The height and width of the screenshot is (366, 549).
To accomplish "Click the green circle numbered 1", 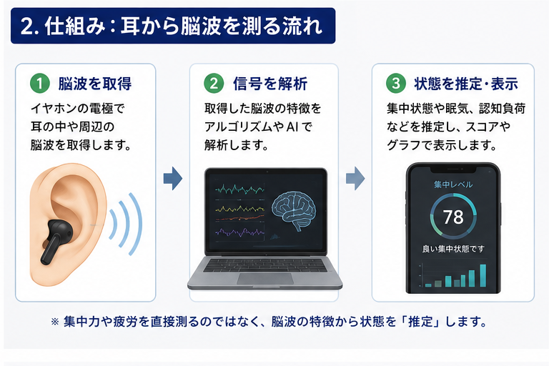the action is click(40, 84).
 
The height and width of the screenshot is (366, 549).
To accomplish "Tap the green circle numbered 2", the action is click(214, 84).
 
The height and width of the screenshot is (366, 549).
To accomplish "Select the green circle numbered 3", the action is click(395, 84).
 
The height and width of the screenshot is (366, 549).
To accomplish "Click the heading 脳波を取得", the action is click(95, 84).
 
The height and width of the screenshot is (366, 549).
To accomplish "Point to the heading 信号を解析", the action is click(270, 84).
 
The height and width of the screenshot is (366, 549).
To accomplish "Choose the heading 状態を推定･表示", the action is click(466, 84).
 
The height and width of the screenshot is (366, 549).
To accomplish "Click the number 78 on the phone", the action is click(453, 217).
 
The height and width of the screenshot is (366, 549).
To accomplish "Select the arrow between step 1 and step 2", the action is click(173, 178).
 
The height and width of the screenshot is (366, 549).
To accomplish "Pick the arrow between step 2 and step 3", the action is click(355, 178).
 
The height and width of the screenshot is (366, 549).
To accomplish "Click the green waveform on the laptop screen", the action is click(240, 190).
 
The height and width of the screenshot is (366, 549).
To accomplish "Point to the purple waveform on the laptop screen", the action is click(240, 232).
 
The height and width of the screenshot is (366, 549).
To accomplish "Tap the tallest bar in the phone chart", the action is click(483, 275).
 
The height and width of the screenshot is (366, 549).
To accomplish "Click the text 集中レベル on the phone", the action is click(453, 184).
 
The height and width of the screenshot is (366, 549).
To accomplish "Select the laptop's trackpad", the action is click(265, 279).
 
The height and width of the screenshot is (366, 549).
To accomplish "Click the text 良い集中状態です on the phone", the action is click(453, 249).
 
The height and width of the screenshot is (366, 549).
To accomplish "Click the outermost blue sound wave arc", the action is click(135, 224).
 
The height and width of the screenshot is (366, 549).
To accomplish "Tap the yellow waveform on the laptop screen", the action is click(240, 209).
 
